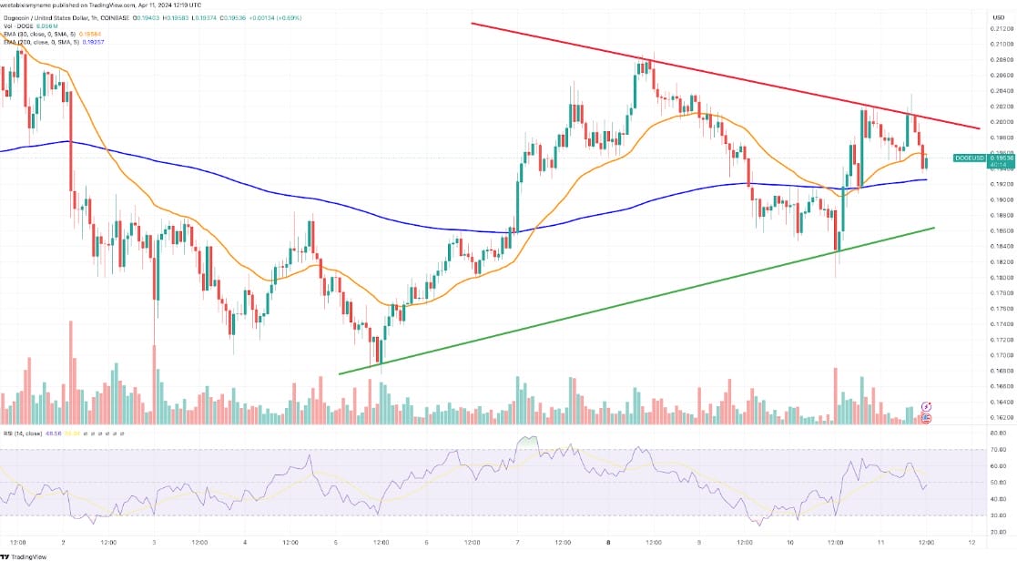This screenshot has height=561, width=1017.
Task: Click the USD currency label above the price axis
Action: pyautogui.click(x=995, y=15)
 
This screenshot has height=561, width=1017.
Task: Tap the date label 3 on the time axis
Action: pyautogui.click(x=153, y=543)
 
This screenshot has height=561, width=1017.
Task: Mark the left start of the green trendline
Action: pyautogui.click(x=340, y=373)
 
